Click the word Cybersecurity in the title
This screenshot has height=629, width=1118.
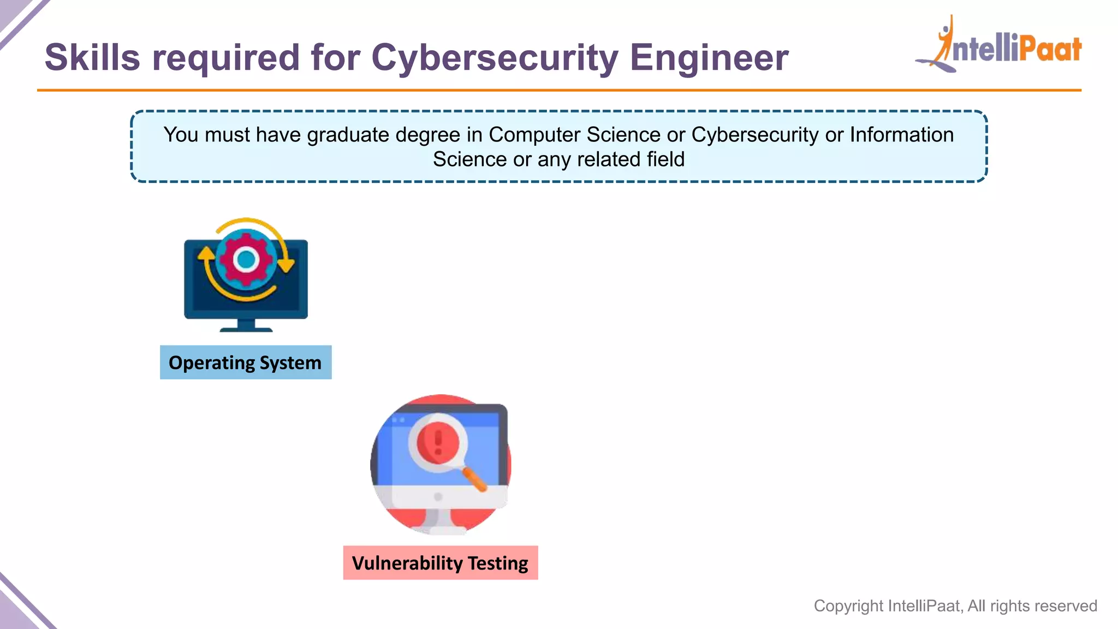tap(494, 58)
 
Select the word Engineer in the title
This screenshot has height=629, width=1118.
tap(709, 57)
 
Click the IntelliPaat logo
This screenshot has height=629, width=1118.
tap(999, 46)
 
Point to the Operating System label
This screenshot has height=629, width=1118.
tap(245, 363)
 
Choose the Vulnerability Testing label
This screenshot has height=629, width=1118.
tap(440, 563)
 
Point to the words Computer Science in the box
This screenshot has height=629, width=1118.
tap(574, 135)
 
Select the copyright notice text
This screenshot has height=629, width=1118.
tap(955, 606)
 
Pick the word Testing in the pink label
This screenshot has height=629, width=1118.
tap(498, 563)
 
